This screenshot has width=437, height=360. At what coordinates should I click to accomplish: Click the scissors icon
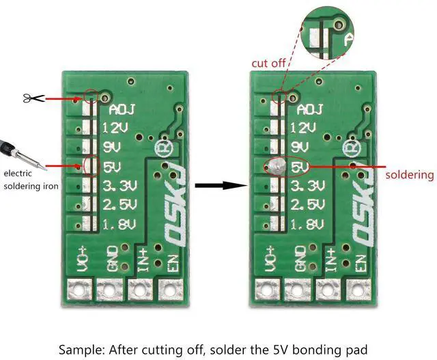click(x=33, y=98)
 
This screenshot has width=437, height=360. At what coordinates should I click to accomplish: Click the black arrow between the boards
click(x=221, y=185)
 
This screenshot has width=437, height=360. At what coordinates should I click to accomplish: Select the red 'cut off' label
click(x=268, y=64)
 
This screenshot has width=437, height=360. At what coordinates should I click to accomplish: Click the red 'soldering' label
click(x=410, y=175)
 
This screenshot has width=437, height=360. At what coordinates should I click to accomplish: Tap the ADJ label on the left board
click(x=122, y=109)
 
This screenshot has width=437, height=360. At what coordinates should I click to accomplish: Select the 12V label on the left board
click(x=115, y=128)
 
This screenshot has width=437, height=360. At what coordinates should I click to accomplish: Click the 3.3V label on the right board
click(x=307, y=186)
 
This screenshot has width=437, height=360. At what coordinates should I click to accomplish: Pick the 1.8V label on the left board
click(x=119, y=223)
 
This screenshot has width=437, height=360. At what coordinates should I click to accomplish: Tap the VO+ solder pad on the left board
click(x=80, y=290)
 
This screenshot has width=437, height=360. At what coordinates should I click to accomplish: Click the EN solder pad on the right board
click(x=358, y=290)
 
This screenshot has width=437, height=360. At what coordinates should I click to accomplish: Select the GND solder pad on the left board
click(x=109, y=290)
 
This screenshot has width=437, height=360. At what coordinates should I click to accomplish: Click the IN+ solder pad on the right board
click(x=328, y=290)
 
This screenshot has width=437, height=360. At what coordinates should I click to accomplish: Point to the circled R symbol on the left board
click(x=164, y=148)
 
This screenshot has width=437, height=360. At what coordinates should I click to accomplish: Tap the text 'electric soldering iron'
click(x=31, y=180)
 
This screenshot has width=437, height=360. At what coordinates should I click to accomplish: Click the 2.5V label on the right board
click(x=308, y=205)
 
